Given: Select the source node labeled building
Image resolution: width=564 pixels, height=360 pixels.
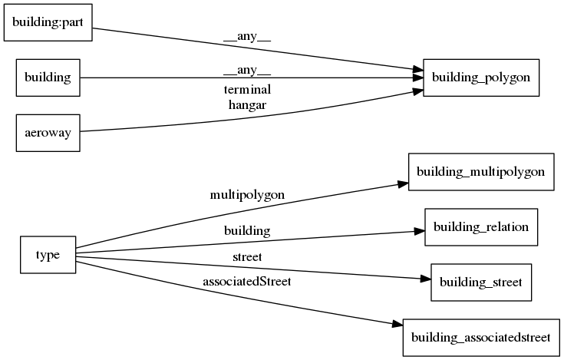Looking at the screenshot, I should (x=48, y=78).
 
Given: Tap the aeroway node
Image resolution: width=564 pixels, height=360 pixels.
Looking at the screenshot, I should (x=48, y=133).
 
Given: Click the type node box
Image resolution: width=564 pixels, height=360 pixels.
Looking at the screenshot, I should (x=48, y=255).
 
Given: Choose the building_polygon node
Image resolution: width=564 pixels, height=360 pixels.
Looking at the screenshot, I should (x=480, y=78).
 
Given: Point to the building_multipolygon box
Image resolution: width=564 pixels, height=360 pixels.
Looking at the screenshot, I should (x=480, y=172).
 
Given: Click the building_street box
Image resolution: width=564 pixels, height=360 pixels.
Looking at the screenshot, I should (x=480, y=282).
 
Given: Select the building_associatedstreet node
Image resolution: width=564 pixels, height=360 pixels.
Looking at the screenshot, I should (x=480, y=337).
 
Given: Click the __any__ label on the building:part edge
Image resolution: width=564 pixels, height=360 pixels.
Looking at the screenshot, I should (x=247, y=35).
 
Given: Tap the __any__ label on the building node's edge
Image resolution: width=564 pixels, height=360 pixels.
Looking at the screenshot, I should (x=247, y=71).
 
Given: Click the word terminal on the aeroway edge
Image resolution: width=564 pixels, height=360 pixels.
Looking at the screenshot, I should (x=247, y=90).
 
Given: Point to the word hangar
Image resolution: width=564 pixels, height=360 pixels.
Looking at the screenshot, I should (x=247, y=105).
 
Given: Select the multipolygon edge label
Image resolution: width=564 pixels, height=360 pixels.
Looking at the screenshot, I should (x=247, y=195).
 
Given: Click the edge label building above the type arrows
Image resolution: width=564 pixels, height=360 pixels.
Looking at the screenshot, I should (x=247, y=230).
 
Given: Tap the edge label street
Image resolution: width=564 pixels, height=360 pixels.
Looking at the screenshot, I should (x=247, y=256).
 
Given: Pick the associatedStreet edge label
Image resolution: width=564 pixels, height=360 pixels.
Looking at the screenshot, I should (x=247, y=281).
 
